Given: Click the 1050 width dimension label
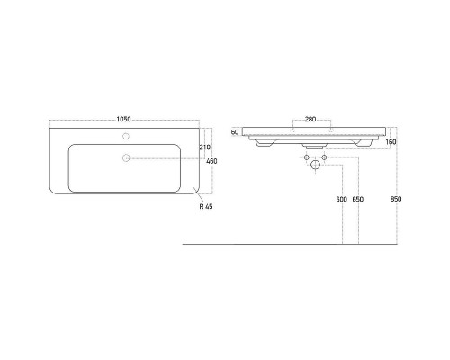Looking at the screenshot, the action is pyautogui.click(x=123, y=120).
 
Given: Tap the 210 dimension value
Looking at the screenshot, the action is pyautogui.click(x=205, y=148).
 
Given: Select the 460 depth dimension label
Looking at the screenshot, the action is pyautogui.click(x=211, y=161).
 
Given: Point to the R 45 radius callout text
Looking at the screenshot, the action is pyautogui.click(x=206, y=206).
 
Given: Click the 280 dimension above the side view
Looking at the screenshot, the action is pyautogui.click(x=310, y=119).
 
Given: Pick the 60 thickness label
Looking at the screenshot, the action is pyautogui.click(x=235, y=132).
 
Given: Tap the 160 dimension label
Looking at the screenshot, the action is pyautogui.click(x=391, y=142).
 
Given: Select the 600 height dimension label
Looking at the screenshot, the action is pyautogui.click(x=341, y=199).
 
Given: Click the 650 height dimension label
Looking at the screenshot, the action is pyautogui.click(x=358, y=199).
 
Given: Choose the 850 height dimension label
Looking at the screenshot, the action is pyautogui.click(x=396, y=199).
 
